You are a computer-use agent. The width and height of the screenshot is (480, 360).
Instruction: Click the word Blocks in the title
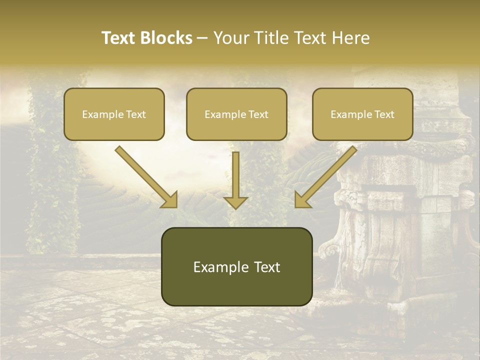166,38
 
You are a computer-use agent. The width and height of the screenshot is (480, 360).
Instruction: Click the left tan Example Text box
114,114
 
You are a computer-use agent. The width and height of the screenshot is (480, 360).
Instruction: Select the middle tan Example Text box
236,114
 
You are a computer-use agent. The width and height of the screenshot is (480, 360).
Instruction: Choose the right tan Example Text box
362,114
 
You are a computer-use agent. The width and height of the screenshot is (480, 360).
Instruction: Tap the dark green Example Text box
236,266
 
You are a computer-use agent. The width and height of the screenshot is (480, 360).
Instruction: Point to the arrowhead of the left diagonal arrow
170,200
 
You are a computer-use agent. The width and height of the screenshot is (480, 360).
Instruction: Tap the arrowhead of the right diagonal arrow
302,200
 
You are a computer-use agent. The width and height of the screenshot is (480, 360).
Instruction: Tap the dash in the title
202,38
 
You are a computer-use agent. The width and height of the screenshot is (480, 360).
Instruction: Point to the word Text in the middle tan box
258,114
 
